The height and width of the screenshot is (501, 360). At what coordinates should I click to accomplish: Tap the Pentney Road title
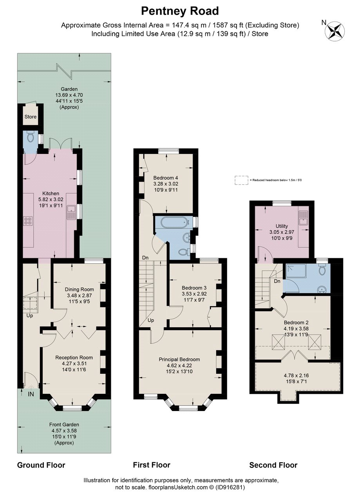[x=180, y=11]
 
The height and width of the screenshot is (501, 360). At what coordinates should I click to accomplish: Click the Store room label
[x=31, y=117]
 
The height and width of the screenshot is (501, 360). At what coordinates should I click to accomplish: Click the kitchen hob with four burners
[x=29, y=221]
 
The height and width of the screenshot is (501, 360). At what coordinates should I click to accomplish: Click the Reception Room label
[x=74, y=357]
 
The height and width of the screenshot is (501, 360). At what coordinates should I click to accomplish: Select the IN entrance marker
[x=31, y=394]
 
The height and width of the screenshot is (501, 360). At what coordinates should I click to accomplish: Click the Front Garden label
[x=64, y=424]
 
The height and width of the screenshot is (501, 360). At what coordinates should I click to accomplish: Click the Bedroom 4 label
[x=166, y=177]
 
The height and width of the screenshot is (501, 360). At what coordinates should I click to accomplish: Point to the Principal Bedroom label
[x=179, y=359]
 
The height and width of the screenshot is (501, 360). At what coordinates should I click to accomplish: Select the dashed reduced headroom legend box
[x=241, y=180]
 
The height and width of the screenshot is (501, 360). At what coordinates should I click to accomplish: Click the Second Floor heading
[x=273, y=465]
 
